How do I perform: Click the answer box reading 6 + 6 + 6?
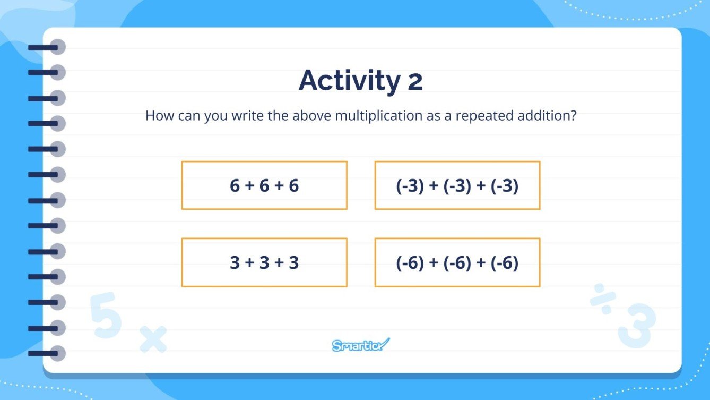pyautogui.click(x=264, y=185)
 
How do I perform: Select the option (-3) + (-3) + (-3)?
pyautogui.click(x=457, y=185)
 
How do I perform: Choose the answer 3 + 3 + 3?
pyautogui.click(x=264, y=262)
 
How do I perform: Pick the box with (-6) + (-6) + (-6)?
pyautogui.click(x=457, y=262)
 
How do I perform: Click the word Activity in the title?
pyautogui.click(x=349, y=81)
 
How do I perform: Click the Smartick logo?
pyautogui.click(x=361, y=345)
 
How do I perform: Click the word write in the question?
pyautogui.click(x=250, y=116)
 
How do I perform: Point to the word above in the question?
pyautogui.click(x=311, y=116)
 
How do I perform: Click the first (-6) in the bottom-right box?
pyautogui.click(x=410, y=262)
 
